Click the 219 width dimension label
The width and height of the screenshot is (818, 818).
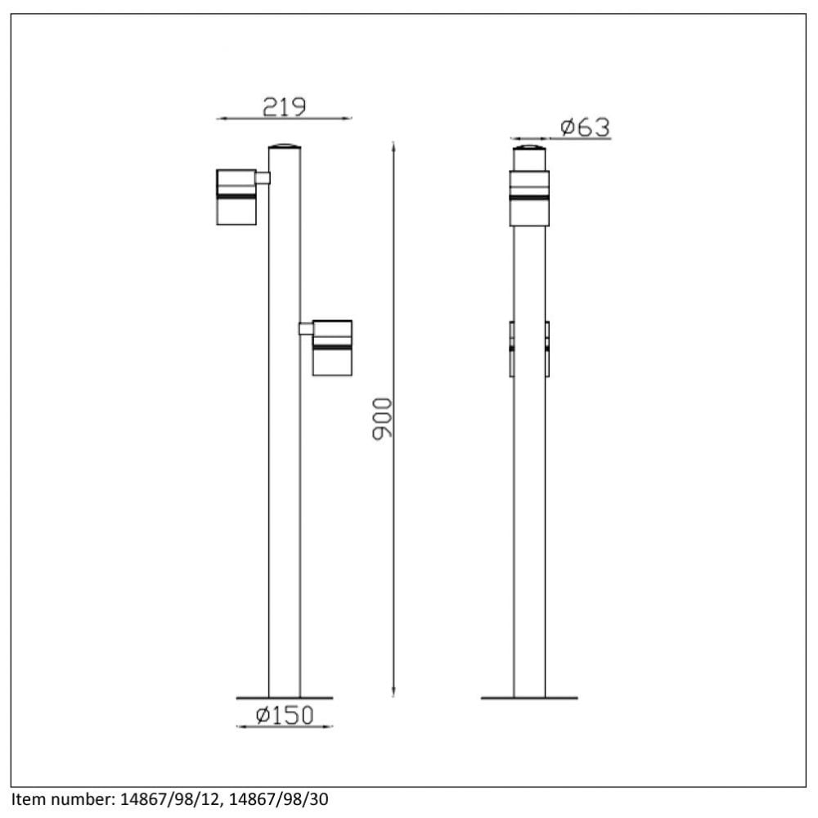tap(284, 106)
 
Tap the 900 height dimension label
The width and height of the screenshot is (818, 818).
tap(383, 419)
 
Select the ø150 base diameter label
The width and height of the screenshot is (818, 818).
tap(284, 716)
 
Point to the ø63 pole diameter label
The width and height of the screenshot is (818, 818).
tap(585, 128)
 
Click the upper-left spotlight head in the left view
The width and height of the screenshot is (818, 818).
tap(236, 196)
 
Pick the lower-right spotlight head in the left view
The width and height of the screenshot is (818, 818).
tap(333, 348)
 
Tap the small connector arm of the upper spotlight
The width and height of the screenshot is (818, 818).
tap(263, 178)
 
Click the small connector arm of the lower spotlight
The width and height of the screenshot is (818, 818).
tap(306, 329)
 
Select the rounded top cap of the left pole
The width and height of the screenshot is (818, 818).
tap(285, 146)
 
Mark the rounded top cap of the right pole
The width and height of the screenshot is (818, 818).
tap(529, 150)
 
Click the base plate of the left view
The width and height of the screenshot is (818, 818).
tap(285, 698)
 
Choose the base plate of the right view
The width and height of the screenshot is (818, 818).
tap(529, 698)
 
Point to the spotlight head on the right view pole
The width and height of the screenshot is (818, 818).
tap(529, 197)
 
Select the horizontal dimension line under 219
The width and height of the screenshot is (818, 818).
tap(284, 119)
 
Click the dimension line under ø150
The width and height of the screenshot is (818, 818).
tap(284, 726)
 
